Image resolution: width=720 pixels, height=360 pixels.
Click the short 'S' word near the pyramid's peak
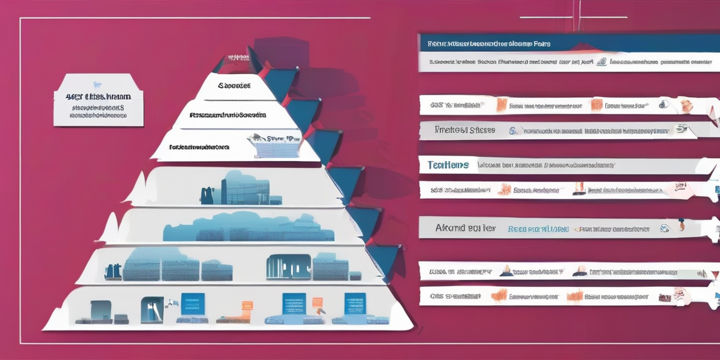234,86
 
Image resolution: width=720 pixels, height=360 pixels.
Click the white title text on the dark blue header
489,44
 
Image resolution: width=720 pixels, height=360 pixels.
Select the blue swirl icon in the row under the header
601,62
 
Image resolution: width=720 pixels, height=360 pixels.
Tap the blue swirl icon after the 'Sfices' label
513,130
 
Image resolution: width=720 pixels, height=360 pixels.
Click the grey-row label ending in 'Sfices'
465,130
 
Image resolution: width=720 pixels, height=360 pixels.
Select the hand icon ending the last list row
679,295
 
